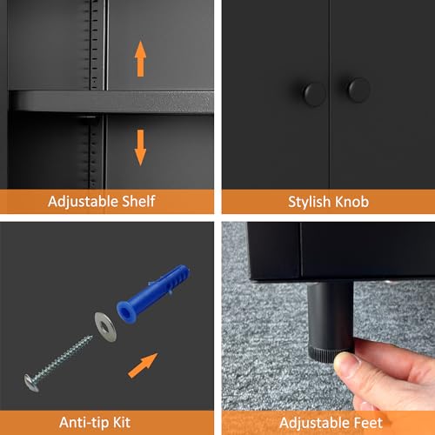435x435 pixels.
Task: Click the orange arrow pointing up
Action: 140,59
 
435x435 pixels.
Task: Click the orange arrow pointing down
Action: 140,148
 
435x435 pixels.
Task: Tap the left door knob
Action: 314,95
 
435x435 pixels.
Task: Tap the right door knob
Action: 358,90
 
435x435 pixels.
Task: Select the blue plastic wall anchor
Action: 153,293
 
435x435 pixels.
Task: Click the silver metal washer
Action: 105,327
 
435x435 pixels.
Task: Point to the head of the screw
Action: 31,383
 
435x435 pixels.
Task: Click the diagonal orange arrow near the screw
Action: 143,365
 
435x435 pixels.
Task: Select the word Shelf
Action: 138,201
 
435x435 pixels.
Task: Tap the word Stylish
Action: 309,202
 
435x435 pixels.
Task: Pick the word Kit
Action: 122,423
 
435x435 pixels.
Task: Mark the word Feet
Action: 367,423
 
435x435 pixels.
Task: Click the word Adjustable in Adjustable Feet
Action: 314,424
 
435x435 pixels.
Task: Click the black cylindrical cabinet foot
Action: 331,321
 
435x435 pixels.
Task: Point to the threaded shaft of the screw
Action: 64,358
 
